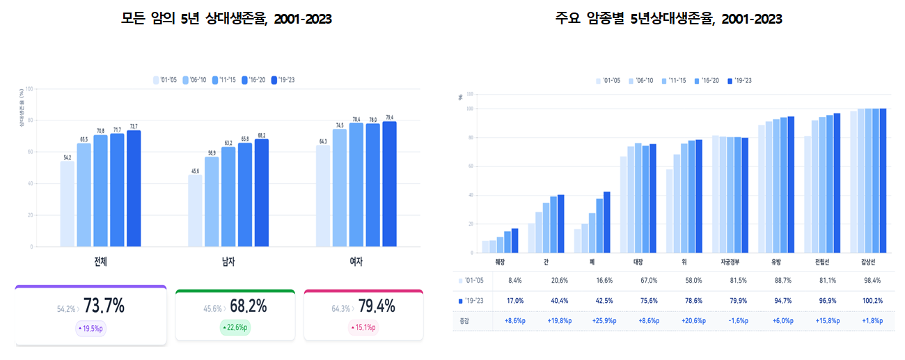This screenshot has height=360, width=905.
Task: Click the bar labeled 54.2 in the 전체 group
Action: tap(67, 205)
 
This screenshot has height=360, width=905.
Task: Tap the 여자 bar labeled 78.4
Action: tap(356, 185)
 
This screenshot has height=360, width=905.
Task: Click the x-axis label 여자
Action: tap(356, 262)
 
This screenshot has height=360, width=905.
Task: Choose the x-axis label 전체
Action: tap(100, 262)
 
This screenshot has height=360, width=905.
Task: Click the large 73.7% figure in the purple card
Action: tap(104, 306)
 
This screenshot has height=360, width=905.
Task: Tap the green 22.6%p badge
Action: tap(235, 327)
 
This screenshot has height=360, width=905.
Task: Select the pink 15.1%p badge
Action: tap(363, 327)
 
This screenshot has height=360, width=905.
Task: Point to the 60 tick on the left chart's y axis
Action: tap(29, 152)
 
